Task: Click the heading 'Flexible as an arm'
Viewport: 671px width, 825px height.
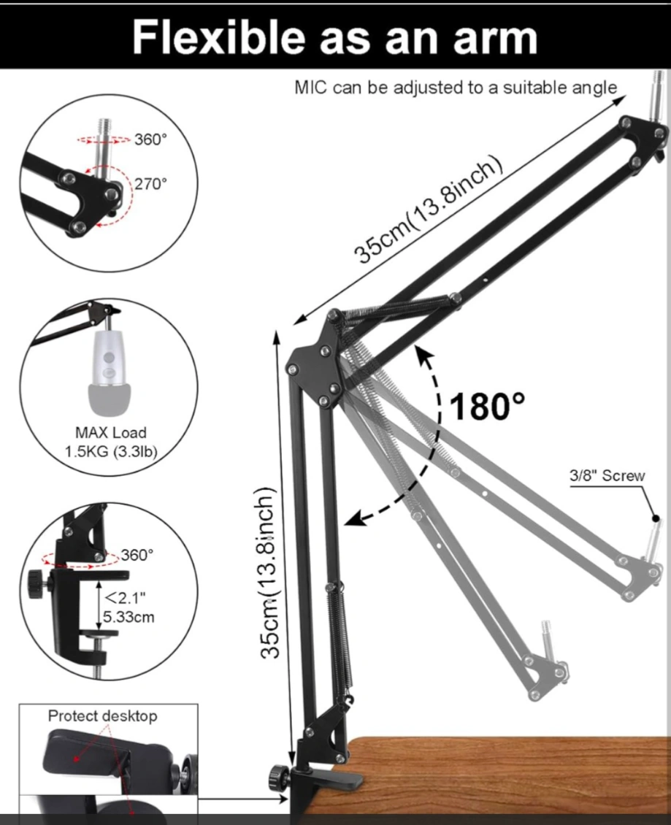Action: [x=334, y=37]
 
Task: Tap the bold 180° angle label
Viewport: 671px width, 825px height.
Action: [x=487, y=406]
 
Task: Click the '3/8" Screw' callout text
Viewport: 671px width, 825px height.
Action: [x=607, y=475]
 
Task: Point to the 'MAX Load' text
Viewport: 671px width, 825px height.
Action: [x=110, y=432]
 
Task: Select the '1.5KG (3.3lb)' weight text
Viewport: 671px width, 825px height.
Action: [x=110, y=451]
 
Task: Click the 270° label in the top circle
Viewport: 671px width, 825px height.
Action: [x=150, y=184]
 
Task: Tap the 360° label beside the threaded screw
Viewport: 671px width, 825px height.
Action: [x=150, y=139]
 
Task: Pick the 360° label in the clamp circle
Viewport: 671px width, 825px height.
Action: [x=137, y=555]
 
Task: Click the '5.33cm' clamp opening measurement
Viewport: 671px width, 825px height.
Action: [x=129, y=617]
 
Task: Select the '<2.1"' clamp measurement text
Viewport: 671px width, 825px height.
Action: [x=126, y=598]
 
